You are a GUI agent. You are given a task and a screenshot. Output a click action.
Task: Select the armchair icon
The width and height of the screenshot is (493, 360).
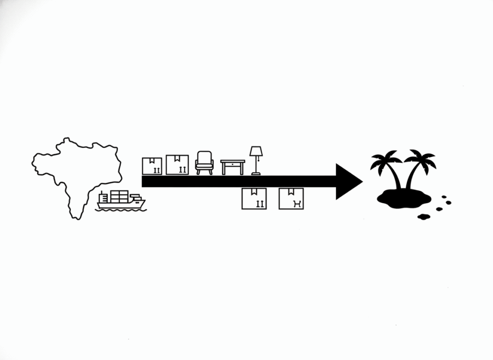coord(204,162)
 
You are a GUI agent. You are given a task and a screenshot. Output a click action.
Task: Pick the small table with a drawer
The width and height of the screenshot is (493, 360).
coord(233,167)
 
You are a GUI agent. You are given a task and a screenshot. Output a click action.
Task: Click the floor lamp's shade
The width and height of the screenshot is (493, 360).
coord(256,152)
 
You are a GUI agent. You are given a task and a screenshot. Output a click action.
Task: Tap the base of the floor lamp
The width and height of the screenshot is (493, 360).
coord(256,173)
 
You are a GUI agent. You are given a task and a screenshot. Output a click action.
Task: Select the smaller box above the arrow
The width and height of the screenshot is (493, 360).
coord(152,166)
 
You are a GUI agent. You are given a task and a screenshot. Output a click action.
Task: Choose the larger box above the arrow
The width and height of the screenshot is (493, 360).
coord(177,164)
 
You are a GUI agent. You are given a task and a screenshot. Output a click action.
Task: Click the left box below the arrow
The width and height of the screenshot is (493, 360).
coord(254,198)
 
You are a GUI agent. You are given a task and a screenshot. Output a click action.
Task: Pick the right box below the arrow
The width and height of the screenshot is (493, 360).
coord(291,198)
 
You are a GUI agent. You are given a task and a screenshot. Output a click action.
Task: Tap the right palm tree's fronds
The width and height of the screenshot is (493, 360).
coord(420,159)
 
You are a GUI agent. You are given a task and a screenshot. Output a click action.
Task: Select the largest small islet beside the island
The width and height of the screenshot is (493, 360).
coord(424,217)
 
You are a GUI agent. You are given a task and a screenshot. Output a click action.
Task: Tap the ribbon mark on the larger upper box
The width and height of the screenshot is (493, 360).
coord(177,158)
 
